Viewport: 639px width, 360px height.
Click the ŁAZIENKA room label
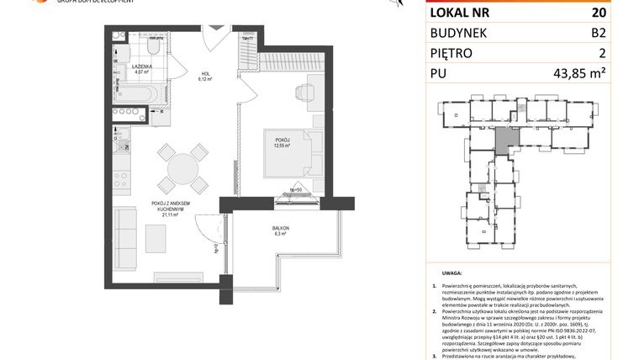pos(141,67)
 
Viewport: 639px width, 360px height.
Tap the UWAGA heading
pos(452,274)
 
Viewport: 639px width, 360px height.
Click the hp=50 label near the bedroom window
pos(295,190)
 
